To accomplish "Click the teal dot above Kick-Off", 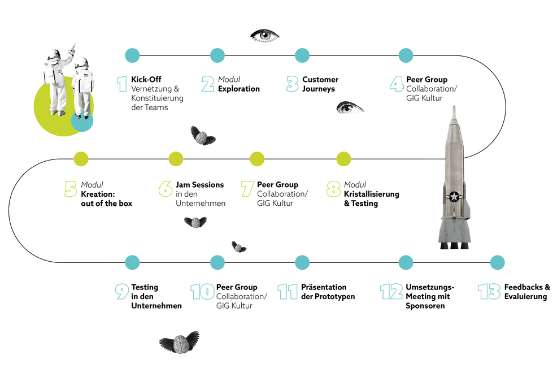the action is tap(132, 55).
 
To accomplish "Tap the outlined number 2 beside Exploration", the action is tap(208, 84).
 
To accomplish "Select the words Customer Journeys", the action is tap(320, 84).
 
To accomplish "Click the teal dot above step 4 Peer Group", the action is tap(406, 55).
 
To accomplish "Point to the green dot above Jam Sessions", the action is tap(176, 159).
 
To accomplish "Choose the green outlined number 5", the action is tap(71, 189).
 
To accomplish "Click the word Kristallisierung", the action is tap(371, 194).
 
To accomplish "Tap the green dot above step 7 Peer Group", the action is tap(257, 159).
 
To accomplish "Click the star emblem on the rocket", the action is tap(454, 197).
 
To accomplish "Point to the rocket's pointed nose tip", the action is tap(454, 106).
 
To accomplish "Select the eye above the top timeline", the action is tap(264, 36).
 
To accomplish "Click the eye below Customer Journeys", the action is tap(350, 107).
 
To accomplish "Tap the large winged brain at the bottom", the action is tap(180, 343).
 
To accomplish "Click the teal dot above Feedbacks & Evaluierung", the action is tap(497, 263).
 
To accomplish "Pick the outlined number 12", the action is tap(391, 292).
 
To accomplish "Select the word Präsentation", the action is tap(324, 287).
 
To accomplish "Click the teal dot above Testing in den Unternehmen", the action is tap(132, 263).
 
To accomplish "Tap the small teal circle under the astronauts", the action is tap(82, 121).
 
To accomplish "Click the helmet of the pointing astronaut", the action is tap(54, 55).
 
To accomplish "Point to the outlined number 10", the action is tap(202, 292).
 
